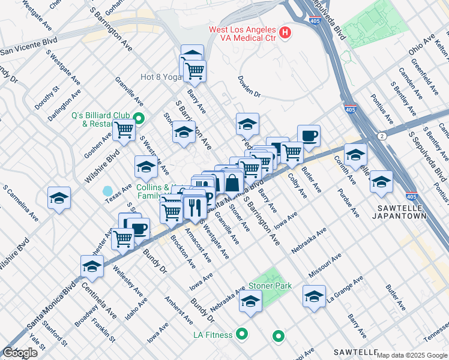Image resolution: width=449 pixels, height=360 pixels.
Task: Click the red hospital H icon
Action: point(285,32)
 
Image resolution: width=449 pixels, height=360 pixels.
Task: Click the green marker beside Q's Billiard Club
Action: point(138,118)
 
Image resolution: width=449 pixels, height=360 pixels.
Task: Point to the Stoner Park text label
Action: point(271,286)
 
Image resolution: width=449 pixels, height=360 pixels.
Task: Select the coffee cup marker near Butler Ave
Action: point(309,136)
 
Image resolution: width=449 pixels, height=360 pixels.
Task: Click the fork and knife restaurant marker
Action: point(194,208)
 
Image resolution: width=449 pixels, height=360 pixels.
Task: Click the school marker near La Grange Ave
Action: point(314,296)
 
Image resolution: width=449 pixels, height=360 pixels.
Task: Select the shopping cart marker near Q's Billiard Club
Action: point(124,129)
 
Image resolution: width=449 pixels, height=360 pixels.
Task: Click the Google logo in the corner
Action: point(20,352)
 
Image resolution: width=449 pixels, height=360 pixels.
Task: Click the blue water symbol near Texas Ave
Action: point(107,191)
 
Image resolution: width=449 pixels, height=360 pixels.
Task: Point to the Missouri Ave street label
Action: point(325,265)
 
